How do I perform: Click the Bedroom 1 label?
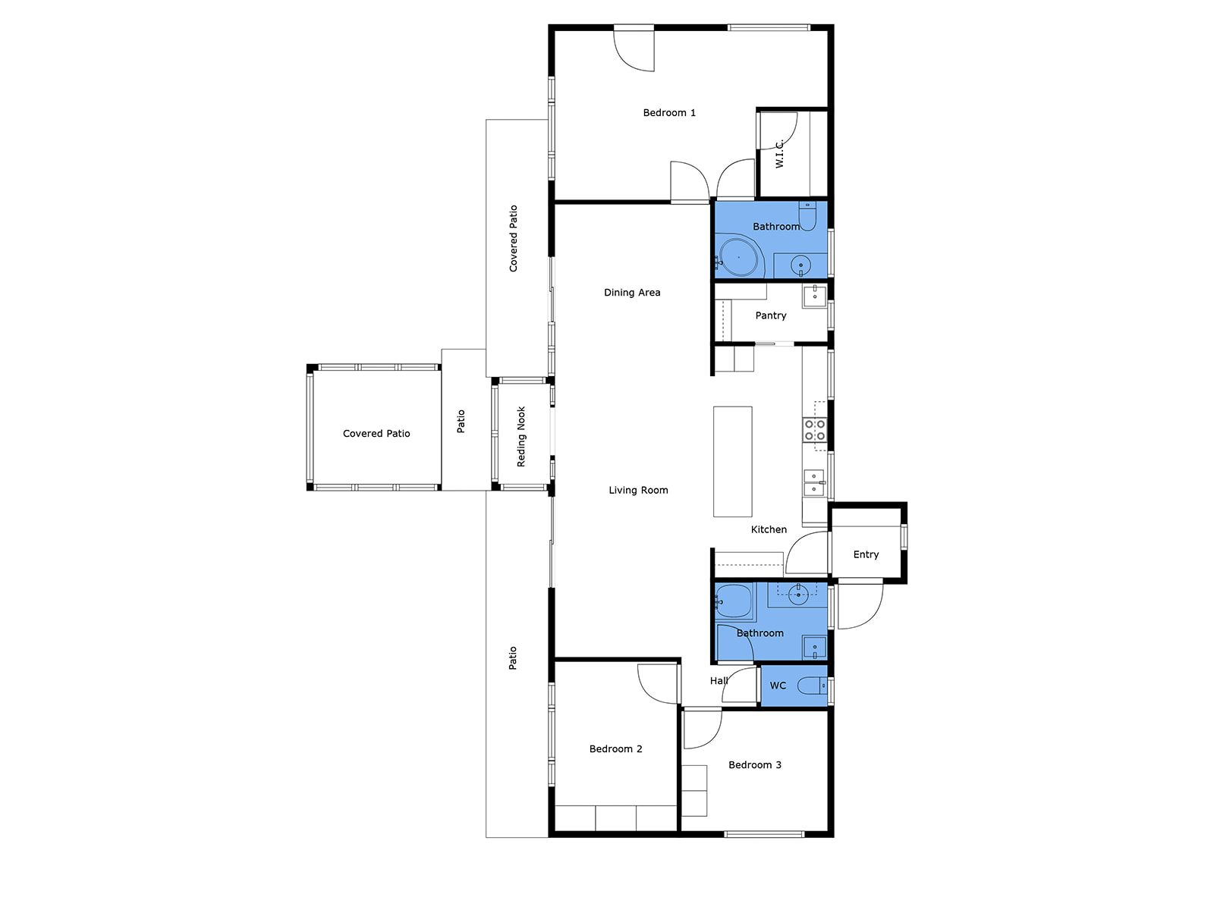click(668, 113)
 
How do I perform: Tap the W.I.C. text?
click(778, 154)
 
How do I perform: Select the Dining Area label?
click(631, 292)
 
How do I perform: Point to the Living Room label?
click(637, 490)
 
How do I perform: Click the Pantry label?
click(770, 315)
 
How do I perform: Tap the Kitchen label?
click(768, 529)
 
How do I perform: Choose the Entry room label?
click(866, 554)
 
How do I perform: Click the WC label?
click(778, 685)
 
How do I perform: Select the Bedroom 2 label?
click(615, 748)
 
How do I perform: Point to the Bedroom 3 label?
click(754, 764)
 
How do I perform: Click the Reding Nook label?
click(521, 437)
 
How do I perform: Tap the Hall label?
click(719, 681)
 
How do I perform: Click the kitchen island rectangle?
click(732, 461)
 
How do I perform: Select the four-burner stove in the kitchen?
click(814, 430)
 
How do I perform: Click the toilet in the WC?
click(811, 686)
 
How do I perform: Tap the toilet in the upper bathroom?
click(807, 216)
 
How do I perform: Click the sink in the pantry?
click(814, 297)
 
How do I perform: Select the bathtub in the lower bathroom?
click(734, 601)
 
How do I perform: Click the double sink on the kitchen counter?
click(813, 483)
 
